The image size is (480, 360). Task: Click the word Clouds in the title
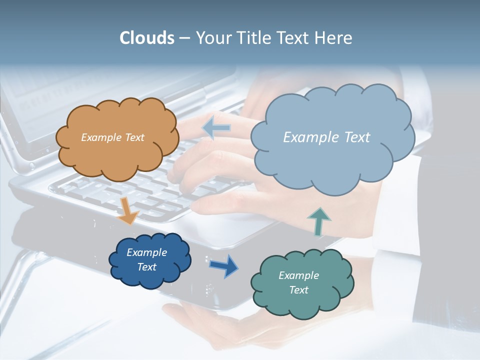pos(146,38)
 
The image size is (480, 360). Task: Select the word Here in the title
pos(334,38)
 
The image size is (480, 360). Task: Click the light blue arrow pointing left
pos(216,128)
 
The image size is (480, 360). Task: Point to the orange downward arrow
pos(128,211)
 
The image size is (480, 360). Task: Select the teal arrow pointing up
pos(318,221)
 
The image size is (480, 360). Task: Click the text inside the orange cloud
pos(112,137)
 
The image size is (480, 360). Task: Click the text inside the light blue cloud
pos(326,137)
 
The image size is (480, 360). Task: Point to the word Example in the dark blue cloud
pos(146,252)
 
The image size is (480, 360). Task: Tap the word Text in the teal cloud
pos(298,290)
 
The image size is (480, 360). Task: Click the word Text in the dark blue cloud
pos(146,267)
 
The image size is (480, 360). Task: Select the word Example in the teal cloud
pos(298,275)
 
